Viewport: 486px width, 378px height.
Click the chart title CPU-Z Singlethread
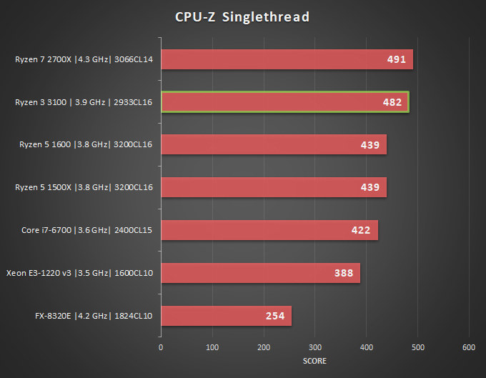click(x=242, y=16)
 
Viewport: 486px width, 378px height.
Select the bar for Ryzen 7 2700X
click(x=286, y=59)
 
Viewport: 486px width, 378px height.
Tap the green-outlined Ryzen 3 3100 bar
click(x=284, y=102)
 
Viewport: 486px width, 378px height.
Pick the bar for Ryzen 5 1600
click(x=273, y=144)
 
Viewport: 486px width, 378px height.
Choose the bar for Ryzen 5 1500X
click(x=273, y=187)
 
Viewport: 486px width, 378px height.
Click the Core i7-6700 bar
click(x=269, y=230)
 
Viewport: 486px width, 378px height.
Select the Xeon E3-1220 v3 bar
click(x=260, y=273)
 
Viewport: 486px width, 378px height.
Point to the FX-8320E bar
click(x=226, y=316)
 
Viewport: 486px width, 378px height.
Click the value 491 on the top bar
click(x=397, y=60)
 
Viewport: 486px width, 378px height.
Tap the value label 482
click(x=392, y=103)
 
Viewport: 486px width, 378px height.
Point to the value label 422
click(x=361, y=230)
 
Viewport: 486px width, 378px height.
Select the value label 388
click(x=344, y=273)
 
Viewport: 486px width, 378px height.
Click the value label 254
click(x=274, y=316)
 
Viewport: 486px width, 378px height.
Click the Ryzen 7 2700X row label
click(x=85, y=60)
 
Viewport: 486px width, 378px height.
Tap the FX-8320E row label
click(x=94, y=316)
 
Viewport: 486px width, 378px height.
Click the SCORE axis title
click(x=314, y=361)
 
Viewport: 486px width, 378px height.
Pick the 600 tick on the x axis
click(x=469, y=347)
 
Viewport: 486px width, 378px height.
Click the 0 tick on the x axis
click(x=161, y=347)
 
